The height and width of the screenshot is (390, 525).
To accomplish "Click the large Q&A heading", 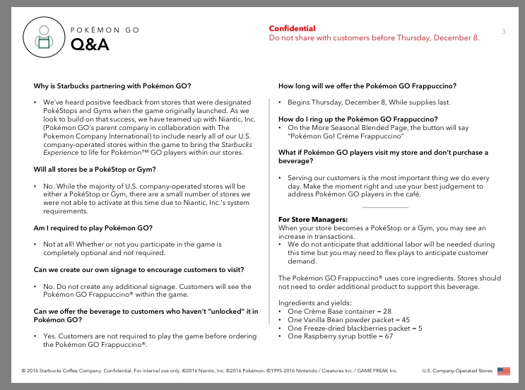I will point(89,45).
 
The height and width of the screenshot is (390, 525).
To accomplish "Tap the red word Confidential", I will point(292,28).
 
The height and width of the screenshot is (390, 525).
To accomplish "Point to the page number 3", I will point(503,31).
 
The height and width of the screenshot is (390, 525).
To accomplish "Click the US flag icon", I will point(503,370).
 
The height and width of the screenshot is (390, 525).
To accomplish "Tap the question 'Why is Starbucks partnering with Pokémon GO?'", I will point(111,86).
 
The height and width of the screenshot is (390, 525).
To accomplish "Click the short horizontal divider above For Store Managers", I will point(384,207).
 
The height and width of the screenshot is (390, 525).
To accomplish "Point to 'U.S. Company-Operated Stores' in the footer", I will point(456,370).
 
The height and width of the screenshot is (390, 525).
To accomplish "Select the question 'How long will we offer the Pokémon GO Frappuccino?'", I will point(367,86).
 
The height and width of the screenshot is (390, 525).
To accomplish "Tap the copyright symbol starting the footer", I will point(24,370).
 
